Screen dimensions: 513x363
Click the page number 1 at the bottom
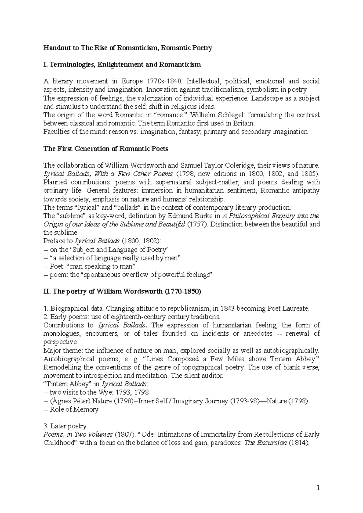(x=318, y=488)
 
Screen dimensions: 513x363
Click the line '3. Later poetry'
(x=65, y=426)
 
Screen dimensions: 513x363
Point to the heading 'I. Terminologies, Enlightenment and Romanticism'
(x=122, y=64)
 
